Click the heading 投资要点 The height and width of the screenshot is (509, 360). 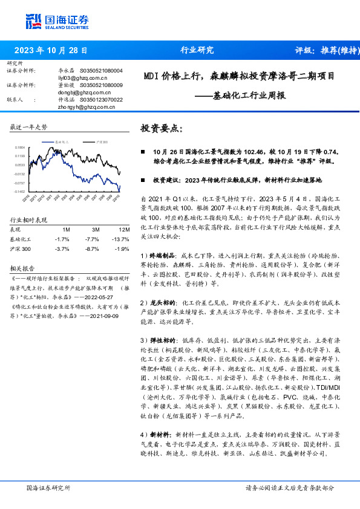(161, 128)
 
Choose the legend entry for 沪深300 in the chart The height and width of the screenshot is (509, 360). (102, 141)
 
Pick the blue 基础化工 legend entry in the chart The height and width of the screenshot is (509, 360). (62, 141)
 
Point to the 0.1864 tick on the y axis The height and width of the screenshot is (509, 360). (20, 147)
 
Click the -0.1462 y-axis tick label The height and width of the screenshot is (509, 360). (20, 191)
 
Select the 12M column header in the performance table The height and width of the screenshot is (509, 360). (124, 230)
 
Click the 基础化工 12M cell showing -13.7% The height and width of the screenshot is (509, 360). (123, 239)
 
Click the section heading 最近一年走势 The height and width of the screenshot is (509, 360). (28, 128)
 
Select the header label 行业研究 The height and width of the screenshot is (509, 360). (197, 51)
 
